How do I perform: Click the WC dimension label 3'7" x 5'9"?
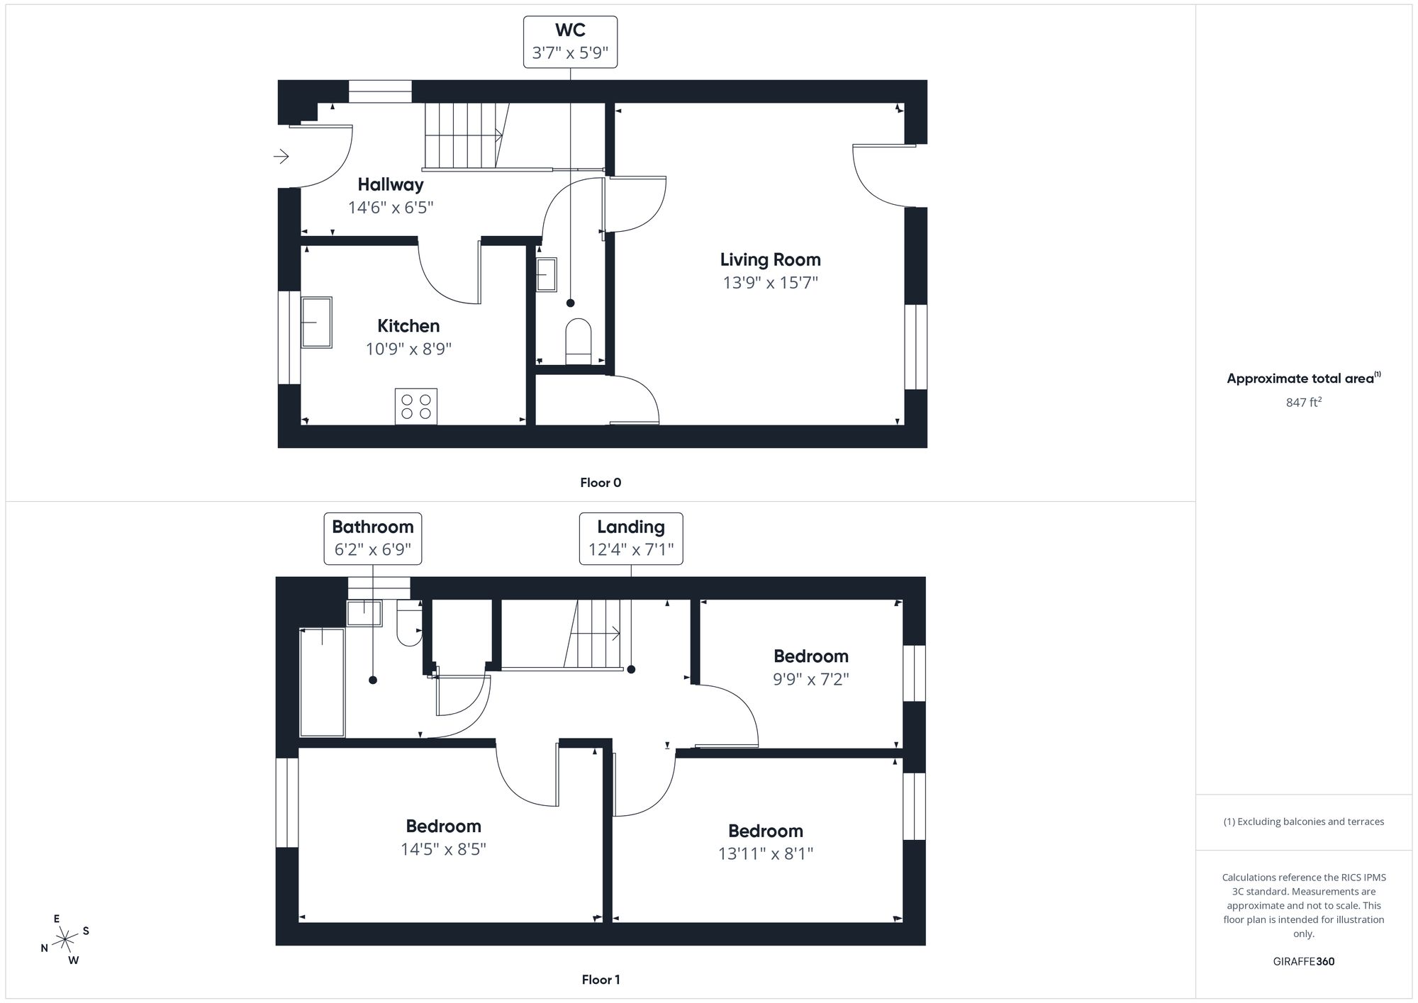point(570,53)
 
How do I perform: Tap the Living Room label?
point(770,260)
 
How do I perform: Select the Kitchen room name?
point(408,326)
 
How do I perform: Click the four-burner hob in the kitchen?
point(416,406)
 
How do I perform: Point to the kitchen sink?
point(316,322)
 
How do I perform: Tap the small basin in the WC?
point(547,274)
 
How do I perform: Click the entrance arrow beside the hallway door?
point(281,156)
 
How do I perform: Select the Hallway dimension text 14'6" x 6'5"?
point(391,208)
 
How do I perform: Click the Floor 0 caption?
point(601,483)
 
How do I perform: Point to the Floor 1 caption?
point(601,980)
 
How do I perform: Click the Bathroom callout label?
point(373,527)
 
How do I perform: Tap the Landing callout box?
point(631,539)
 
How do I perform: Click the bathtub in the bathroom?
point(323,683)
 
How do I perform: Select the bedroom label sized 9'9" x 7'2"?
point(810,656)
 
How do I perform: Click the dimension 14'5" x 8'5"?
point(443,849)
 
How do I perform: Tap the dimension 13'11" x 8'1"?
point(765,853)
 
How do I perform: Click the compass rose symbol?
point(65,940)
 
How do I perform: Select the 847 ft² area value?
point(1304,403)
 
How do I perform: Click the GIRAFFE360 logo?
point(1304,962)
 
